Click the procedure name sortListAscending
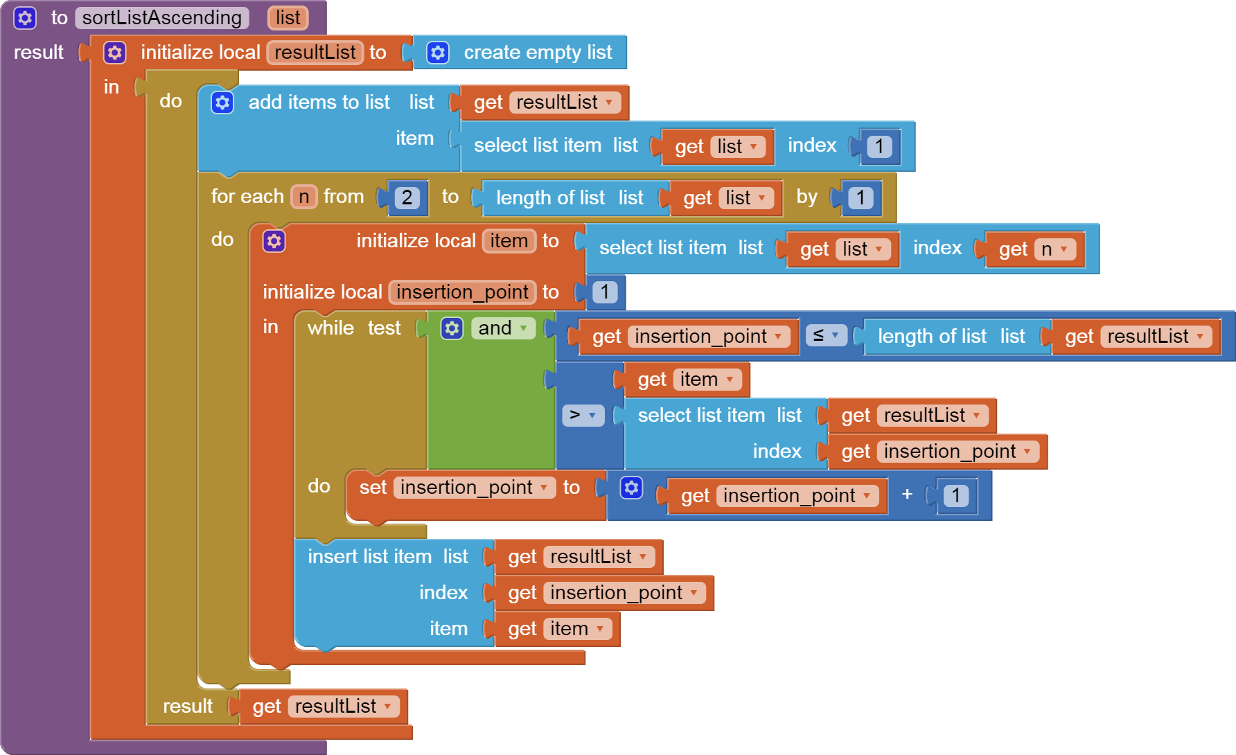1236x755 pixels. click(x=161, y=18)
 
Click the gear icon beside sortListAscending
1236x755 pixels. click(x=25, y=18)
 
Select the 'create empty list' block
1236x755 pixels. click(x=537, y=53)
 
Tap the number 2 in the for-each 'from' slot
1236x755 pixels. click(x=407, y=198)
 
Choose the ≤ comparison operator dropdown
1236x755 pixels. click(x=826, y=336)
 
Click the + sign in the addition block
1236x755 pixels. click(x=907, y=495)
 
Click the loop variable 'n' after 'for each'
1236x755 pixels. click(x=303, y=197)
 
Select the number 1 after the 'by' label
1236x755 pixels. click(x=860, y=198)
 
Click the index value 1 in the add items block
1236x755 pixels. click(x=879, y=147)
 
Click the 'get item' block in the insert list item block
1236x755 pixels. click(x=558, y=629)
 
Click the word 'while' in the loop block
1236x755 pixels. click(x=330, y=328)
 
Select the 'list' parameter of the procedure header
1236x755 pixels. click(x=288, y=18)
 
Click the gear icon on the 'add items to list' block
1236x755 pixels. click(x=222, y=103)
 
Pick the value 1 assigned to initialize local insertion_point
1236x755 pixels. click(x=604, y=292)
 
